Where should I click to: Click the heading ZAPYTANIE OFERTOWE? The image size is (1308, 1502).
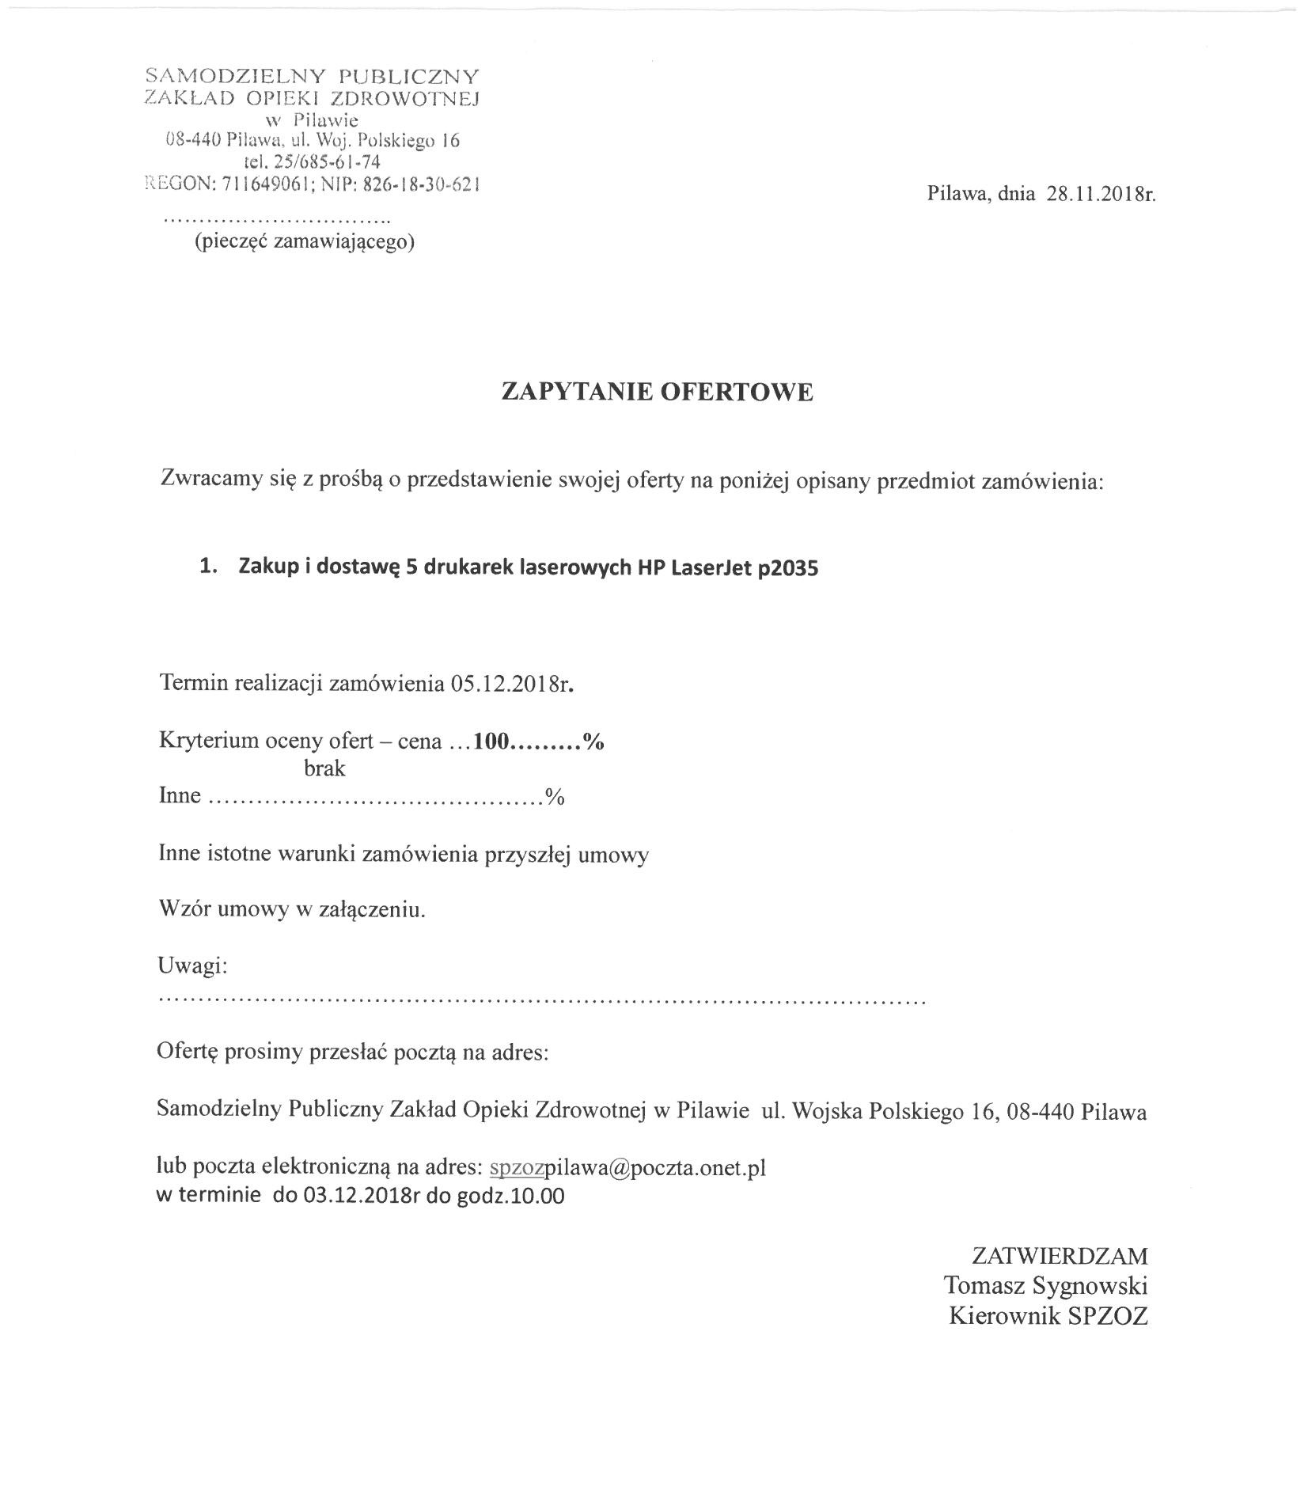click(657, 393)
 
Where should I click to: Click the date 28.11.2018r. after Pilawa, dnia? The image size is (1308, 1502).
click(1101, 194)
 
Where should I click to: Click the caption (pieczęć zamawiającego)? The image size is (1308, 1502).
click(305, 241)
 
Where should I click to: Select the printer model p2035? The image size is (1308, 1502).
click(787, 568)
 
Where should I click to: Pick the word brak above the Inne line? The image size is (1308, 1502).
click(324, 768)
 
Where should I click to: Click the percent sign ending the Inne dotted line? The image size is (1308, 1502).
click(554, 796)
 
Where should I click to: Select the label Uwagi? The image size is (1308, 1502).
click(193, 966)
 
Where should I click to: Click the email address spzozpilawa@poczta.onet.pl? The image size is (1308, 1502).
click(627, 1168)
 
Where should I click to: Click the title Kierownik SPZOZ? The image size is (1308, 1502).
click(1048, 1315)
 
